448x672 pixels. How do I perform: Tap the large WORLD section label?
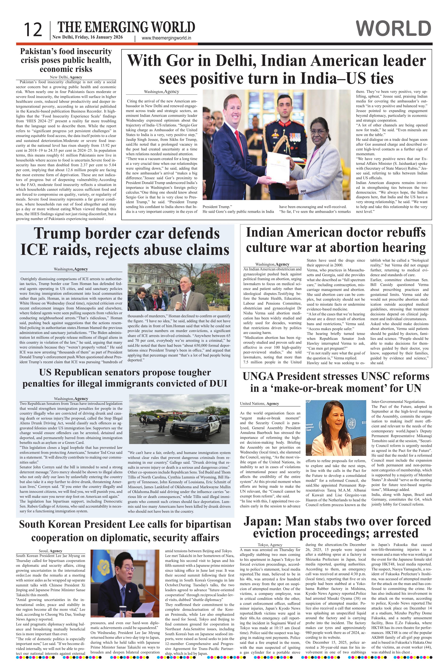394,29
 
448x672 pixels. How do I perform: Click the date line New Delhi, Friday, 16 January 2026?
87,37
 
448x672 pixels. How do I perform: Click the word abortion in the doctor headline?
361,247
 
